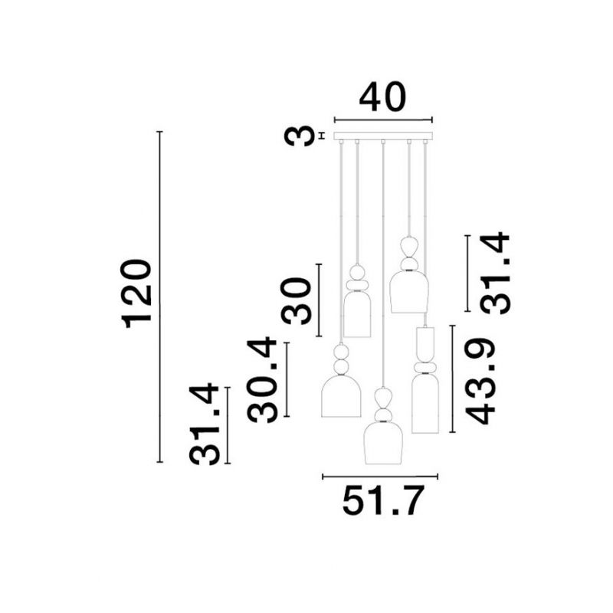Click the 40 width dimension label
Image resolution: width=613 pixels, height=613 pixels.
[382, 97]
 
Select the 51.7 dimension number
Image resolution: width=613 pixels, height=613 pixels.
[383, 501]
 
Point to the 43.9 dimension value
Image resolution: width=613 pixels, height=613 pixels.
[480, 382]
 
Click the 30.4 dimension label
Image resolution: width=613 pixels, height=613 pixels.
[262, 380]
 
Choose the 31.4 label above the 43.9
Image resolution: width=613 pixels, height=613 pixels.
[494, 274]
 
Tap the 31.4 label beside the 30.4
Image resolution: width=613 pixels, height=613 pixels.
[204, 425]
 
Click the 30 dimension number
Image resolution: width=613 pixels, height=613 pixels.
[296, 300]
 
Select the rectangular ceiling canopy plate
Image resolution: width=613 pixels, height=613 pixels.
[383, 136]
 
